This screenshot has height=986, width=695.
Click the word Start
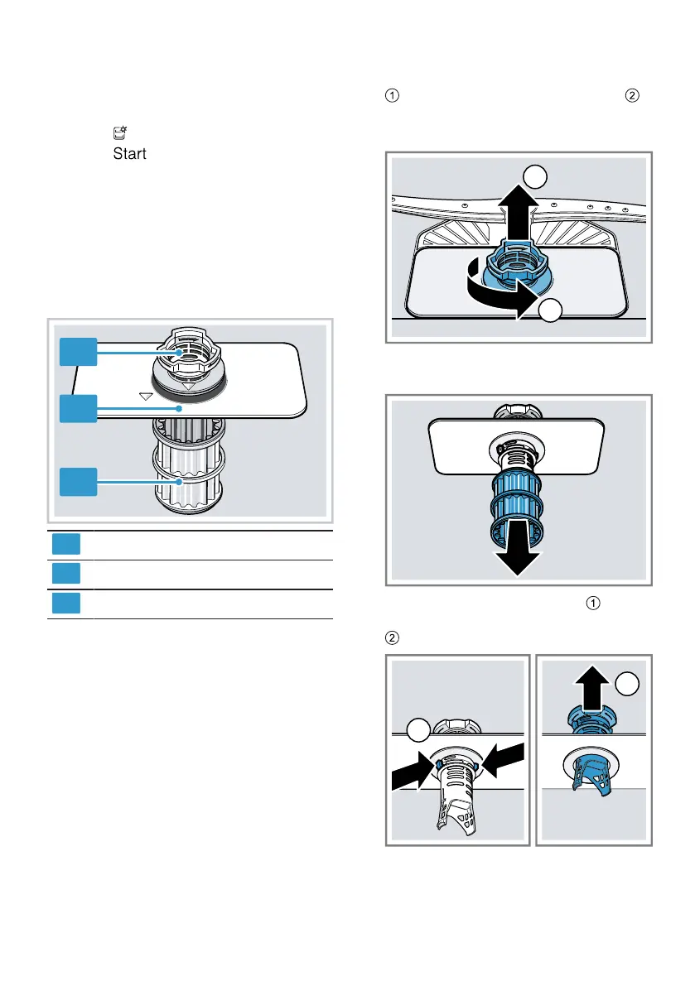pos(130,154)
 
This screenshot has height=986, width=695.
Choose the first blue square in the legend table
pos(66,544)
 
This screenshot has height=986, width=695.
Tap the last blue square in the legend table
pos(66,603)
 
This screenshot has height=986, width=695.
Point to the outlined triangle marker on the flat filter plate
pos(147,397)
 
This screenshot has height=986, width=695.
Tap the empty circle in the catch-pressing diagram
pos(421,731)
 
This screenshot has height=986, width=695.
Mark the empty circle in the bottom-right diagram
pos(629,684)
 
